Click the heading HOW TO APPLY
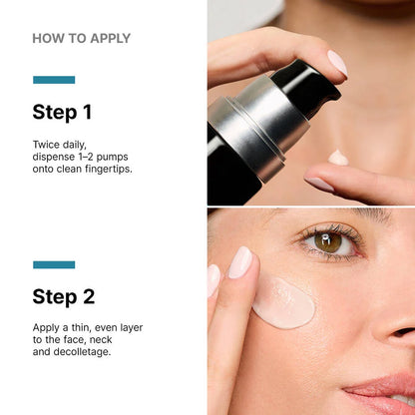point(81,39)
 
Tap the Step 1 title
point(62,112)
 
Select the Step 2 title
point(64,296)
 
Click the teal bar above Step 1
point(54,80)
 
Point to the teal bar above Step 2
point(54,264)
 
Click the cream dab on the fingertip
point(339,158)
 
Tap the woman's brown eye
point(327,241)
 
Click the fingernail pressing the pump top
point(337,63)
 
